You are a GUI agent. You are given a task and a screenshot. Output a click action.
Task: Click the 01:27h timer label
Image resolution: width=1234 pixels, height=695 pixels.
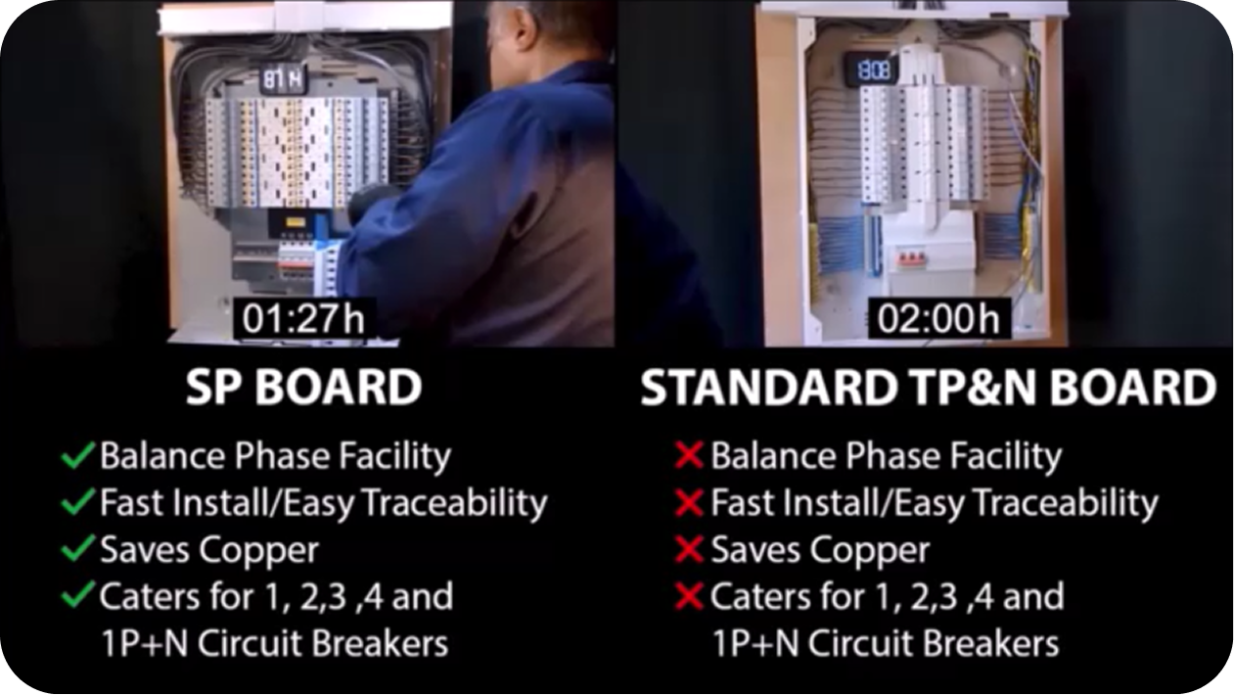tap(304, 318)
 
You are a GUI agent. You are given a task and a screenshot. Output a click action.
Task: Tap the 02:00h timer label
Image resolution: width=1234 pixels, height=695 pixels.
tap(938, 318)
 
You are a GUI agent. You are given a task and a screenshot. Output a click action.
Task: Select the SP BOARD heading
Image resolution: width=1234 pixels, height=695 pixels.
tap(304, 388)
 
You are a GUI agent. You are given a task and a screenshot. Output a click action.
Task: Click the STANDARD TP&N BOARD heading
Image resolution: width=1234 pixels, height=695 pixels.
tap(929, 388)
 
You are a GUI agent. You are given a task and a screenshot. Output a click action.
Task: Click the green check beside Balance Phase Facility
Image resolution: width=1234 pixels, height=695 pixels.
tap(77, 455)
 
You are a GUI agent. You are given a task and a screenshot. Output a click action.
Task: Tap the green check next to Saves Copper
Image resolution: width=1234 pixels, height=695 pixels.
tap(77, 549)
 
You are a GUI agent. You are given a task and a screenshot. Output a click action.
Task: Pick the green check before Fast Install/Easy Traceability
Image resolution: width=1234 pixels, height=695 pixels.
tap(77, 502)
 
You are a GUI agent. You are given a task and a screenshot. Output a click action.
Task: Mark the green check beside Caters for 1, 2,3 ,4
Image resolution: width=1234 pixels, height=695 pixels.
tap(77, 595)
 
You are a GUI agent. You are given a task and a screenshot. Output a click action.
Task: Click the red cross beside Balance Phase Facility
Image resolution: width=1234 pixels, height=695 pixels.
tap(689, 456)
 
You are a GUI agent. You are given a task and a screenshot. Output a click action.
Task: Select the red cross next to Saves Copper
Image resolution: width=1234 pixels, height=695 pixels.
tap(689, 549)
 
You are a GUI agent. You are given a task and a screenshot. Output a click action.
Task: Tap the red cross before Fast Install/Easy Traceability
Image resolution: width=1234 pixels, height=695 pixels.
tap(689, 502)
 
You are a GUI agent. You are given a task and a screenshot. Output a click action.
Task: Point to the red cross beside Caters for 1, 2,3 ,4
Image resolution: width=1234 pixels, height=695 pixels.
tap(689, 596)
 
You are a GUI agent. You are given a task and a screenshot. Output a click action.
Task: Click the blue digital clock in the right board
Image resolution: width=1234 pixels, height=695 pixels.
tap(873, 70)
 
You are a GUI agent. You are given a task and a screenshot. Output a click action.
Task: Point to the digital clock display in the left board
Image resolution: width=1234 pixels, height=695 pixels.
tap(282, 79)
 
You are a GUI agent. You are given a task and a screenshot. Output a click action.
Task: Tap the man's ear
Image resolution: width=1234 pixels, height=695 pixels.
tap(524, 27)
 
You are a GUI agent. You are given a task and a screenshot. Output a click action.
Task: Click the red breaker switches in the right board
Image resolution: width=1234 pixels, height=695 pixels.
tap(909, 258)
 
